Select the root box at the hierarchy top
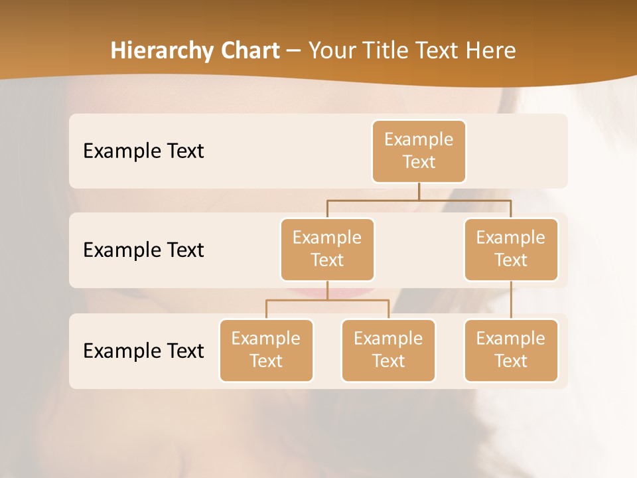(x=419, y=151)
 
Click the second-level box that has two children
(x=327, y=249)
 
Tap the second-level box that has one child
(x=511, y=249)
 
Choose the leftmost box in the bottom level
(x=266, y=350)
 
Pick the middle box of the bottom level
(x=388, y=350)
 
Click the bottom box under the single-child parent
(x=511, y=350)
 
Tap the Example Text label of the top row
(x=143, y=151)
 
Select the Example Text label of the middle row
(x=143, y=250)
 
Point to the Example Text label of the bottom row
(x=143, y=351)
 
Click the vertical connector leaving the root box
(x=419, y=191)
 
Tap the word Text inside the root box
(x=419, y=162)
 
